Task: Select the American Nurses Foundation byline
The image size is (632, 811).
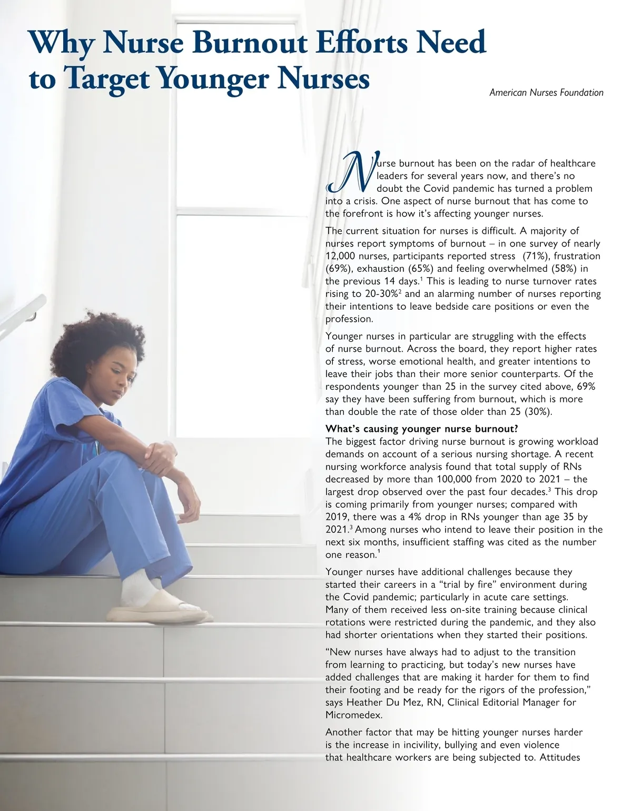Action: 546,93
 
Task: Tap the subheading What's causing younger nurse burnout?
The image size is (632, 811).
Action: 422,429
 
